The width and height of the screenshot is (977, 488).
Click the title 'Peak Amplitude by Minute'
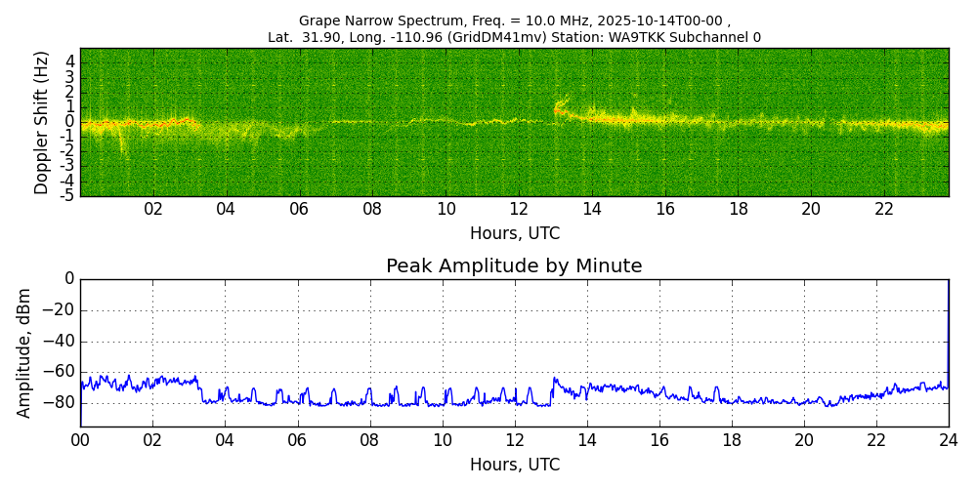coord(514,266)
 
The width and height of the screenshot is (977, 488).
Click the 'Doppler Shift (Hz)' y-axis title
coord(42,123)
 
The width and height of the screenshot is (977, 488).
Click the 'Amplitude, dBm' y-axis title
coord(24,352)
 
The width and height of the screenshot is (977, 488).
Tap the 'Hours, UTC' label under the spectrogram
coord(514,234)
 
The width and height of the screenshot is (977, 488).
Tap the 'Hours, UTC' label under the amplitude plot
coord(514,465)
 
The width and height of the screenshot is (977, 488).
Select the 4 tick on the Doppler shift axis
coord(69,61)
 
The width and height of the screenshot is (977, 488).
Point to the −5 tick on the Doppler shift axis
coord(67,195)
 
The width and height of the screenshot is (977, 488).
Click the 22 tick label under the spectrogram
coord(884,209)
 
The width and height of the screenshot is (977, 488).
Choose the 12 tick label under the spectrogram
coord(519,209)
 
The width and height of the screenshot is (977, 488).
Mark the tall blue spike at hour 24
coord(948,332)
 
